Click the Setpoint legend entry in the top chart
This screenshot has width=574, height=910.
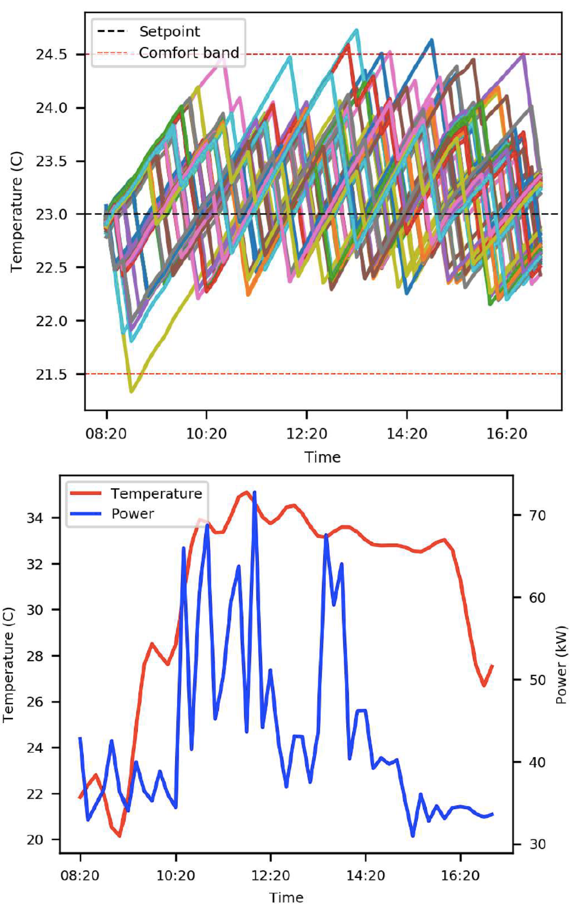click(169, 32)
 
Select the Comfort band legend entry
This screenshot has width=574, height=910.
click(189, 53)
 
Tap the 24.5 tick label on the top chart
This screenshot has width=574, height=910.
click(51, 55)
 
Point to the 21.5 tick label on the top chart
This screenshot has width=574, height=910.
click(51, 374)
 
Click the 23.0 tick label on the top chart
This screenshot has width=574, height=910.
click(51, 214)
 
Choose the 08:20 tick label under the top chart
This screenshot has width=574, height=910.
click(106, 434)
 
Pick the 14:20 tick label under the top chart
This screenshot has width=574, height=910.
click(407, 434)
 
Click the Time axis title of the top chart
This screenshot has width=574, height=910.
click(322, 457)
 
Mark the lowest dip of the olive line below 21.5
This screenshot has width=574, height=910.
click(131, 392)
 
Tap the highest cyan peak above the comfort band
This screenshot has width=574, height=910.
click(357, 30)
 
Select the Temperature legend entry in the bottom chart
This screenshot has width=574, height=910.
click(156, 494)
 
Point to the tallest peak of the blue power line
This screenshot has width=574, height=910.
click(254, 492)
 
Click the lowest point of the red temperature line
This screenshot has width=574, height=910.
click(120, 836)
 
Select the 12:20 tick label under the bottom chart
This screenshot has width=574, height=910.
click(270, 876)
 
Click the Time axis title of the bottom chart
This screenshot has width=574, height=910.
click(286, 899)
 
